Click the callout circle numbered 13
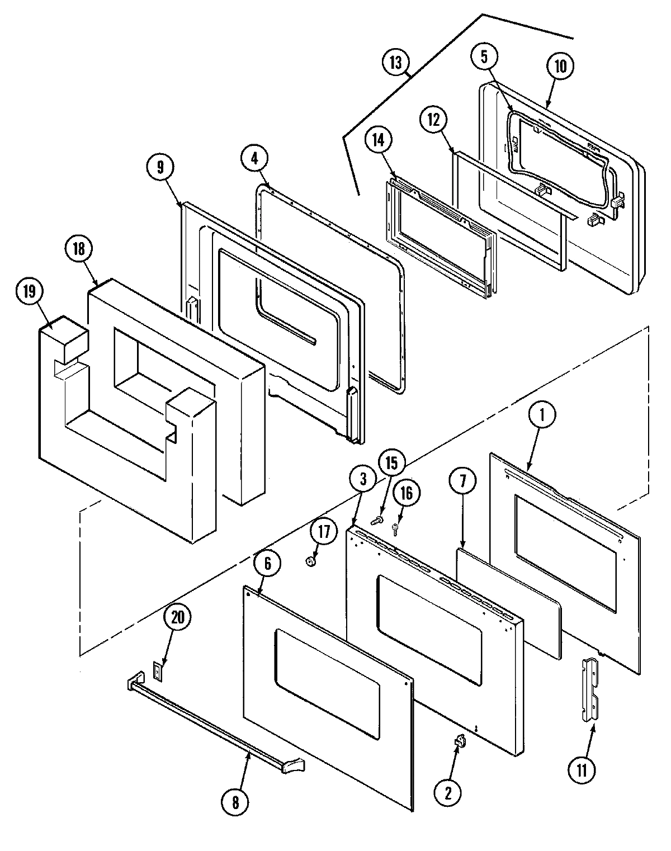(x=396, y=62)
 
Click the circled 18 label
(x=79, y=249)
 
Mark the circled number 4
(x=255, y=158)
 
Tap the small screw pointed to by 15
(x=377, y=521)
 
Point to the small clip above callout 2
(x=460, y=741)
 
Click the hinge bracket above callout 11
(x=590, y=689)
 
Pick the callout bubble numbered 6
(x=267, y=564)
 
